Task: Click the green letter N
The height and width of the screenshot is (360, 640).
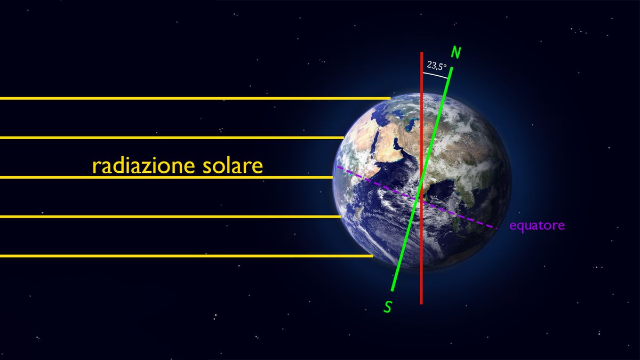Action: [x=456, y=52]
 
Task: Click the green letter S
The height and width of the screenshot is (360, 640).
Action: [x=387, y=306]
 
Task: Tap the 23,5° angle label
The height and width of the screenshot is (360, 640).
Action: [x=437, y=66]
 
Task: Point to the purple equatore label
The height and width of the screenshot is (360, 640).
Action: [x=537, y=226]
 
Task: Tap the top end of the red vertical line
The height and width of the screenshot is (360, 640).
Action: [x=421, y=53]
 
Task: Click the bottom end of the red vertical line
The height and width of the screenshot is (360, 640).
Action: [x=421, y=303]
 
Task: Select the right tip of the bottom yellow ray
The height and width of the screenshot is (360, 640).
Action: [x=372, y=256]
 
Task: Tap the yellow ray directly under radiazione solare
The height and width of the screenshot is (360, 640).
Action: [x=160, y=177]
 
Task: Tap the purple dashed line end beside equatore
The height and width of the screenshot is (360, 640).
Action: [x=497, y=228]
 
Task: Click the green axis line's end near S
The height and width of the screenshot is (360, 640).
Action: [x=393, y=290]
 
